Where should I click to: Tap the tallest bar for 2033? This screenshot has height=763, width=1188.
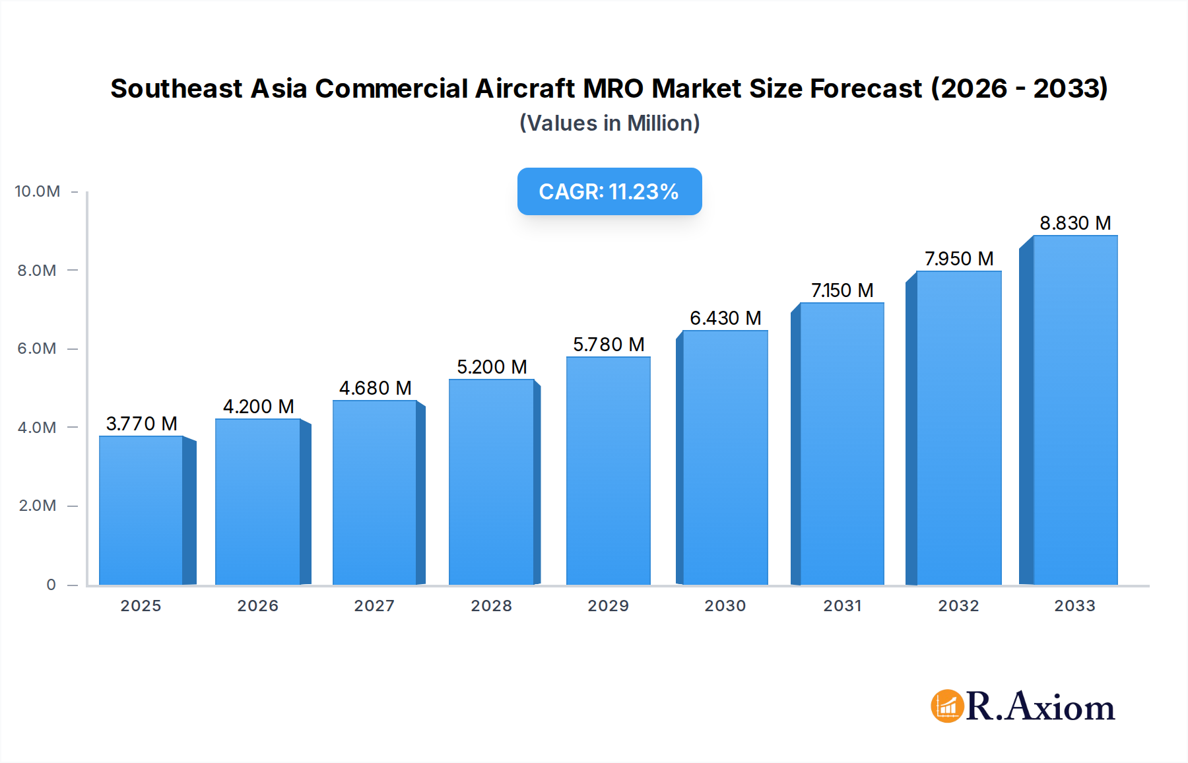pyautogui.click(x=1075, y=410)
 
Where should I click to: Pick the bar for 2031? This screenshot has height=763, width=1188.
pyautogui.click(x=841, y=444)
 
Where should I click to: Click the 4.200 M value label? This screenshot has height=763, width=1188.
pyautogui.click(x=258, y=407)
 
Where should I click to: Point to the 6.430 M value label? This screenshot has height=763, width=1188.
pyautogui.click(x=725, y=318)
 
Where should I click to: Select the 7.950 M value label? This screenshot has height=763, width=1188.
pyautogui.click(x=958, y=259)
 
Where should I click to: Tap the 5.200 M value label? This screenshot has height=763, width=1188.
pyautogui.click(x=492, y=367)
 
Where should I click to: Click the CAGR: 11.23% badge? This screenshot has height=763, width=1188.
pyautogui.click(x=609, y=191)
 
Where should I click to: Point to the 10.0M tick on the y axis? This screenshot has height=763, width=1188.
pyautogui.click(x=38, y=191)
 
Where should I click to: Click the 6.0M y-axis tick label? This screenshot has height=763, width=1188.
pyautogui.click(x=37, y=348)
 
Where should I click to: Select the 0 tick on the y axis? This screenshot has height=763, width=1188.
pyautogui.click(x=51, y=585)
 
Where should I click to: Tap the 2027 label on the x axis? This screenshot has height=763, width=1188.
pyautogui.click(x=374, y=606)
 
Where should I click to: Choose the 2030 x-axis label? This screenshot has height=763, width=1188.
pyautogui.click(x=725, y=606)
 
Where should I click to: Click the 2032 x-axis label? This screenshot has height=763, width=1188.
pyautogui.click(x=958, y=606)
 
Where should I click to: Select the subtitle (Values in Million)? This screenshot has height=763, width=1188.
pyautogui.click(x=609, y=123)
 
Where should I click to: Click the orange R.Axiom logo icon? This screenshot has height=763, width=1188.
pyautogui.click(x=947, y=706)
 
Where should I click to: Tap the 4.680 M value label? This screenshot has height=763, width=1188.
pyautogui.click(x=375, y=388)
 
